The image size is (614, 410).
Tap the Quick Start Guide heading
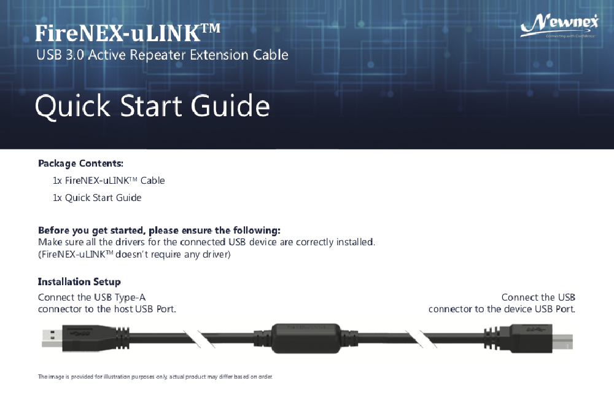click(x=152, y=106)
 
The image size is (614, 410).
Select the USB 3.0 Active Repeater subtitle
click(x=162, y=55)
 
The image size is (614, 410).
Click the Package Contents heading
click(x=80, y=164)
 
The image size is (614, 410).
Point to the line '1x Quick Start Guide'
click(x=97, y=198)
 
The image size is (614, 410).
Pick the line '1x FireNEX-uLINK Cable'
click(x=109, y=181)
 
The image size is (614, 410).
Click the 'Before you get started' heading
click(x=159, y=231)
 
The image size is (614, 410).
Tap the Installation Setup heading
click(x=79, y=282)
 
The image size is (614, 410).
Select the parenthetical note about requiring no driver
click(x=134, y=254)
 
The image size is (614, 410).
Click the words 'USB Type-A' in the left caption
click(x=120, y=298)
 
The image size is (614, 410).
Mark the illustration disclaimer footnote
click(x=155, y=376)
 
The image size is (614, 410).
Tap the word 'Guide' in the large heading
click(x=230, y=106)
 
